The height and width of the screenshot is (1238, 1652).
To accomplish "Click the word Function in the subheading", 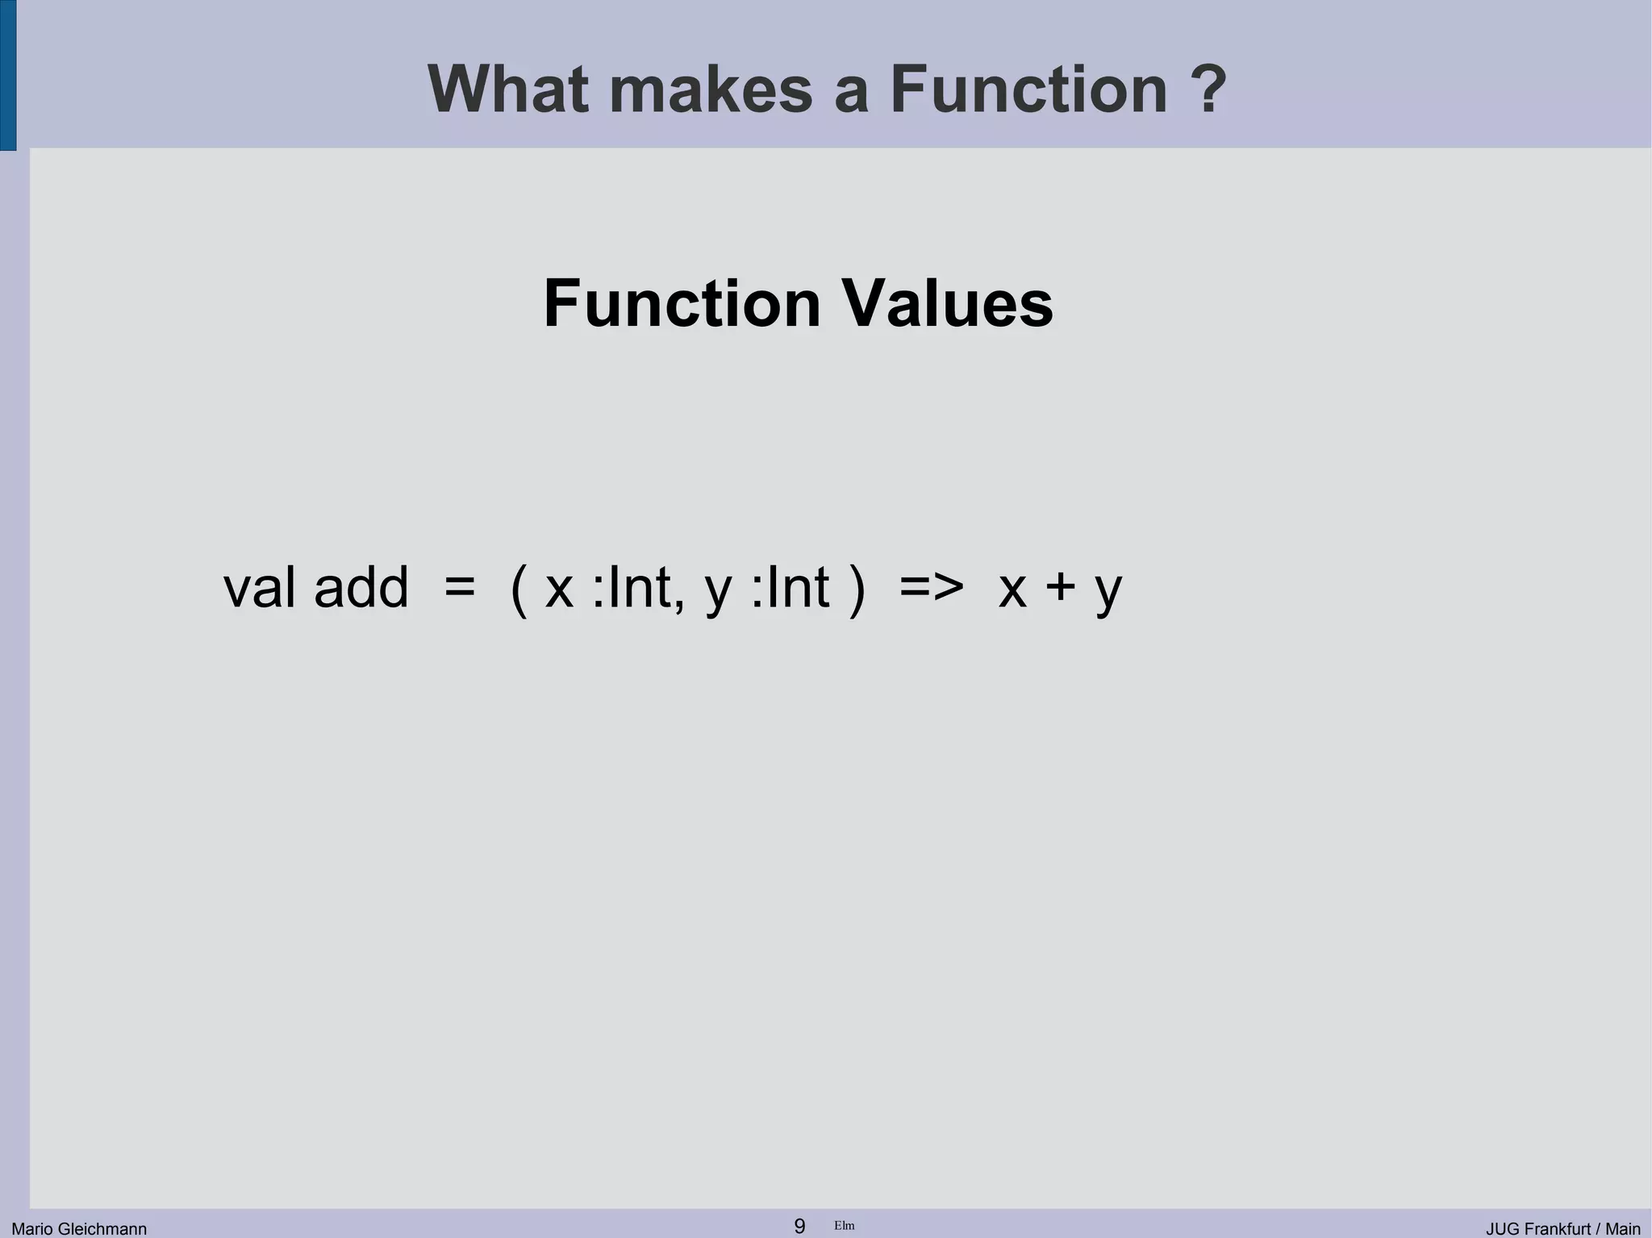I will click(x=682, y=304).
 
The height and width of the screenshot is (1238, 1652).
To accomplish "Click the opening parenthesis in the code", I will click(x=519, y=589).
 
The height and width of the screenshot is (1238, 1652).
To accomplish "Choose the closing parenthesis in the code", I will click(x=857, y=589).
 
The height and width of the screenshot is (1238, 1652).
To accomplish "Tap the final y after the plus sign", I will click(x=1108, y=592).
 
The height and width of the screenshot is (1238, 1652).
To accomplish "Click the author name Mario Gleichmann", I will click(x=79, y=1228).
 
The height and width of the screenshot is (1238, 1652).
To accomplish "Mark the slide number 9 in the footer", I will click(x=799, y=1226).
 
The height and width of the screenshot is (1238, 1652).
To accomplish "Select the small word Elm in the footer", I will click(x=845, y=1226).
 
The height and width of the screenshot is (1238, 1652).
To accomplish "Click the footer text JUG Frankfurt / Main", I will click(x=1562, y=1228).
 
